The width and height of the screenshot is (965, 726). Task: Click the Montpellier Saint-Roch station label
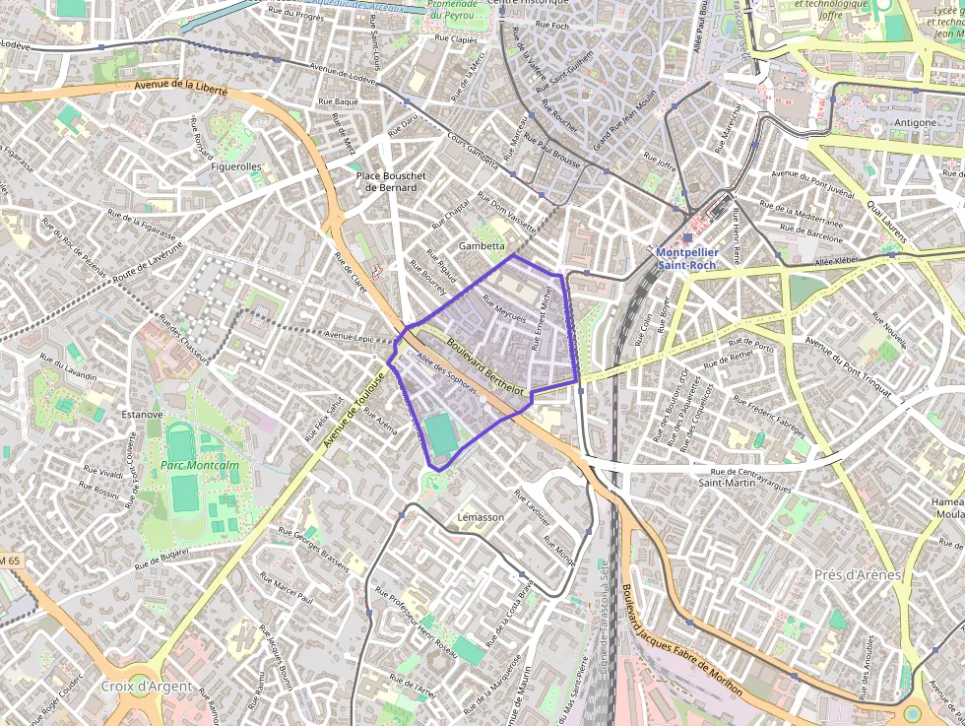pos(687,258)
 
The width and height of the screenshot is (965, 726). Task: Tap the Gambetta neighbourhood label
pos(482,246)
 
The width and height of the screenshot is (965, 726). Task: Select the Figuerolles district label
pos(236,166)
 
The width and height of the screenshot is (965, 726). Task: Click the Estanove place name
pos(142,415)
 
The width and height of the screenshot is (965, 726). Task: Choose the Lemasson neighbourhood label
pos(481,517)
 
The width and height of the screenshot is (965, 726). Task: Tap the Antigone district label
pos(916,122)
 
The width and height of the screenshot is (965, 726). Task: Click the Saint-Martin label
pos(727,483)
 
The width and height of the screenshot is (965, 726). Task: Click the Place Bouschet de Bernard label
pos(391,181)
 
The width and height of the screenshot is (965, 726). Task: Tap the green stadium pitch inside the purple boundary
pos(441,434)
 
